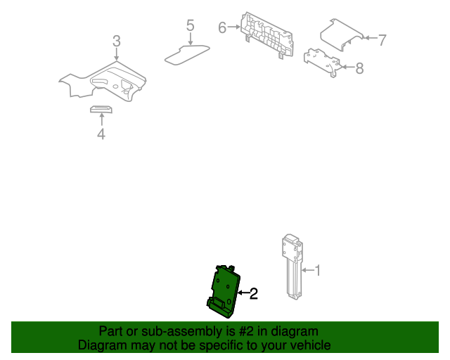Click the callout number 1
point(317,270)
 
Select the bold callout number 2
point(254,293)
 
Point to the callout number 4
point(101,134)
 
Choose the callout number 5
point(190,26)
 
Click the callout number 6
point(222,28)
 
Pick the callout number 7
point(382,40)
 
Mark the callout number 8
point(359,68)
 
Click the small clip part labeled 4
point(101,109)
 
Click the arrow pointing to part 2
point(243,292)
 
